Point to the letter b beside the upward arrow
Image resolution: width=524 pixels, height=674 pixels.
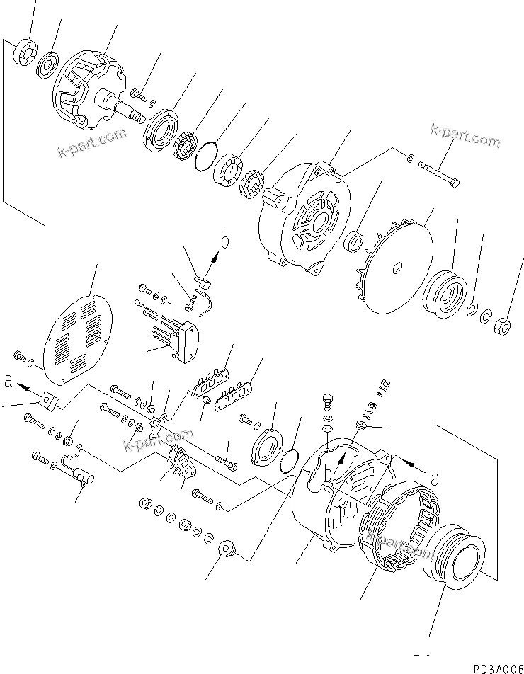[x=225, y=242]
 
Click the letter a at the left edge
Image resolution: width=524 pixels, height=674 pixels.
[x=8, y=380]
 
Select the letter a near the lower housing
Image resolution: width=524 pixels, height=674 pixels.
[x=434, y=479]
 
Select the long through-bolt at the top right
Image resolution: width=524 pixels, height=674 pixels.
[x=440, y=174]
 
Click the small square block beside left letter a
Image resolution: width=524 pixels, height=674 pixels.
[x=47, y=401]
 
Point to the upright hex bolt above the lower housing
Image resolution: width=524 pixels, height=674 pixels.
[x=327, y=403]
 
